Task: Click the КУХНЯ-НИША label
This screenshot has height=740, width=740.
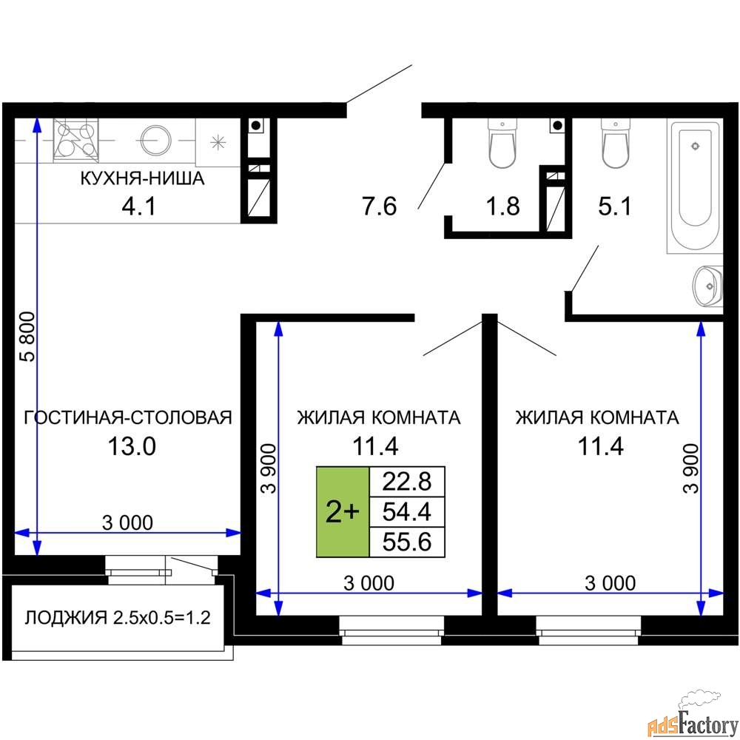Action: point(143,178)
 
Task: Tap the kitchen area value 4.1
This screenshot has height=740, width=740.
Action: point(139,206)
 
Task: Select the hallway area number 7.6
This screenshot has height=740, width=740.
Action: point(380,206)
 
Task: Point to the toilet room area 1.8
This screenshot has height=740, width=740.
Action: point(503,206)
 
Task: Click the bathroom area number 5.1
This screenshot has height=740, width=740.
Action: point(615,206)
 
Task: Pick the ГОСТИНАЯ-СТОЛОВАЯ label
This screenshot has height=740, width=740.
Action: point(128,417)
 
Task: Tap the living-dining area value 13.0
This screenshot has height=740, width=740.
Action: point(132,446)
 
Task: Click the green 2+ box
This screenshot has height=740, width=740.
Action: point(343,512)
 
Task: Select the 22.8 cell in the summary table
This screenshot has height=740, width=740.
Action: point(407,482)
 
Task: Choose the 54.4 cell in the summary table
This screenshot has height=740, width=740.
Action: point(407,511)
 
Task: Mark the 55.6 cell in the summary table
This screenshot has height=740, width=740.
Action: point(407,542)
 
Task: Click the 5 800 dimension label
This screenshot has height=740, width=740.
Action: point(28,337)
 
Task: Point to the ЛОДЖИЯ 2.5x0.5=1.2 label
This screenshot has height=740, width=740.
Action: point(118,617)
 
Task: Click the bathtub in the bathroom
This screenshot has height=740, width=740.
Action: point(694,186)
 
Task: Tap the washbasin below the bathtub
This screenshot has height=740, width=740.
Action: point(707,286)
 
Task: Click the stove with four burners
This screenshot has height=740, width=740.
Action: point(75,140)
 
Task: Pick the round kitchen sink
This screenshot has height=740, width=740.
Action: point(155,140)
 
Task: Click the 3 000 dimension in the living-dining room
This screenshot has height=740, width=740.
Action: point(127,523)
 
